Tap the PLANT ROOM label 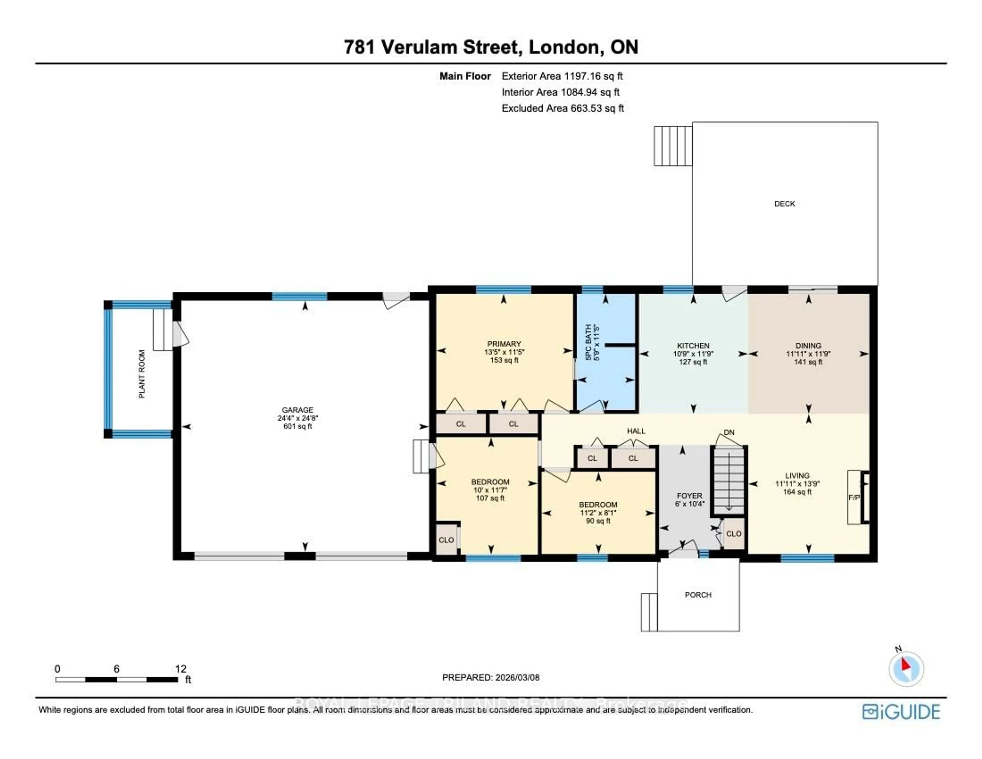142,374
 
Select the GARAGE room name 297,410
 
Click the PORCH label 698,595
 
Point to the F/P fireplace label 853,498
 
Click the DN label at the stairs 729,432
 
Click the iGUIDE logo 901,712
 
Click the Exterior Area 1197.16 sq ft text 562,76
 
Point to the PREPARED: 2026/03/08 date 490,678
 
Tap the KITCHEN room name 693,346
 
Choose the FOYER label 689,496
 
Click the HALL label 636,431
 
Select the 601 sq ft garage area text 297,426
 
